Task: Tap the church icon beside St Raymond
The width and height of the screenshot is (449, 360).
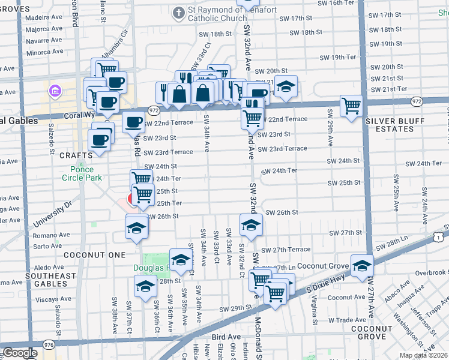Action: (178, 13)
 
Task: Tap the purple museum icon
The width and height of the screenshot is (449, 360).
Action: (55, 91)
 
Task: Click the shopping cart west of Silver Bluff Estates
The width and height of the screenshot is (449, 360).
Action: (351, 106)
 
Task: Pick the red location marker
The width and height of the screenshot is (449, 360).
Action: (132, 200)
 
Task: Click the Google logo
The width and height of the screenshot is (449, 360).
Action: (20, 352)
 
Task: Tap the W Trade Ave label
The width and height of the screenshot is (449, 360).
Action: (345, 320)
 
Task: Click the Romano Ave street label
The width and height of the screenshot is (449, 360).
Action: (51, 235)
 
